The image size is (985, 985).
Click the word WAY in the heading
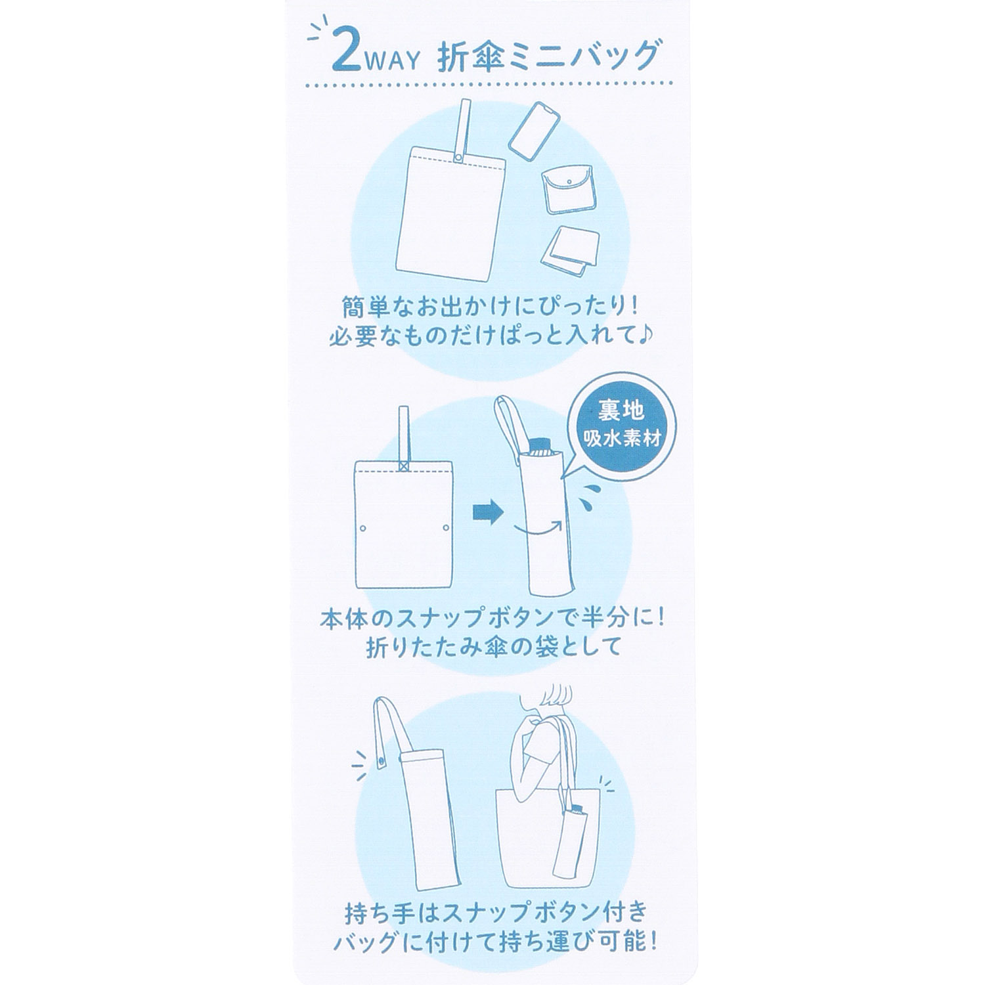point(393,62)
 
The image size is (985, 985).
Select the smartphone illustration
point(535,130)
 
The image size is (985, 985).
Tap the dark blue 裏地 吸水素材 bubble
point(621,426)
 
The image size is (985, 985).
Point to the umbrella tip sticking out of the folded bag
point(540,446)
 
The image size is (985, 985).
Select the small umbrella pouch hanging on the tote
point(570,844)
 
